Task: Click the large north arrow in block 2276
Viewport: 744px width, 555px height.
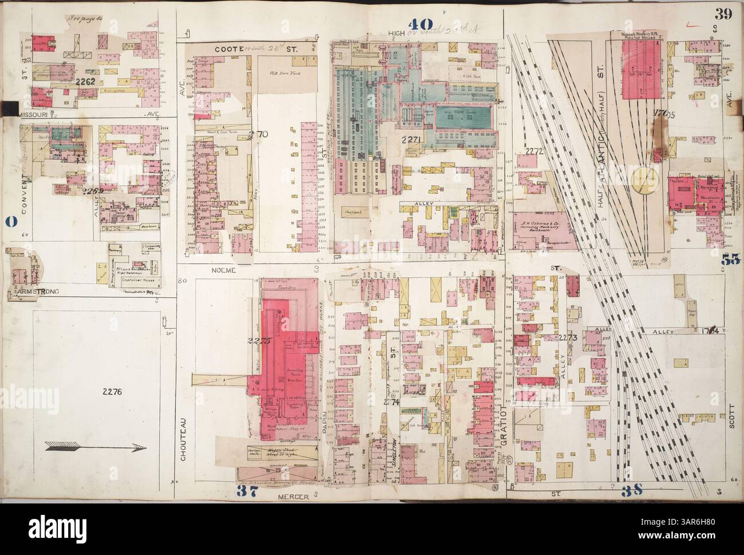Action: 96,449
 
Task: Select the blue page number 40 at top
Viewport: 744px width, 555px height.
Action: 421,24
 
